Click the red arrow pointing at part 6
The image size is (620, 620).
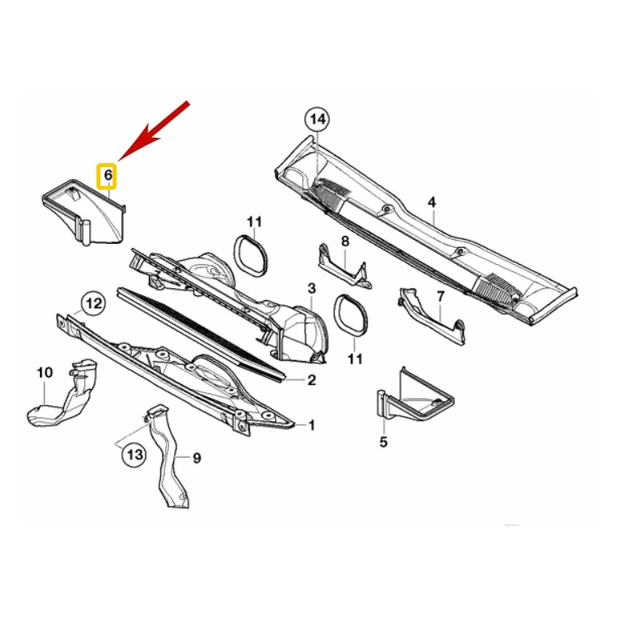[154, 131]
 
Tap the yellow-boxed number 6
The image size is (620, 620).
[107, 176]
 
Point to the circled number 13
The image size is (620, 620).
[135, 454]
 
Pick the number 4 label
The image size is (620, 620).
[432, 202]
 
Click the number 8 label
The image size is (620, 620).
[345, 241]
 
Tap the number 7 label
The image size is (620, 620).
[441, 297]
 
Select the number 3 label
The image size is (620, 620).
[312, 288]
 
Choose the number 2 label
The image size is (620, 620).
[312, 380]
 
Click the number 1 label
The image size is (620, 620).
[312, 425]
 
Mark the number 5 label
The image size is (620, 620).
[383, 442]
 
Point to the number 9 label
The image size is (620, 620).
[197, 458]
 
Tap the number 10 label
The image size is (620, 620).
[45, 373]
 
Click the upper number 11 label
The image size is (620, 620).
[254, 222]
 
